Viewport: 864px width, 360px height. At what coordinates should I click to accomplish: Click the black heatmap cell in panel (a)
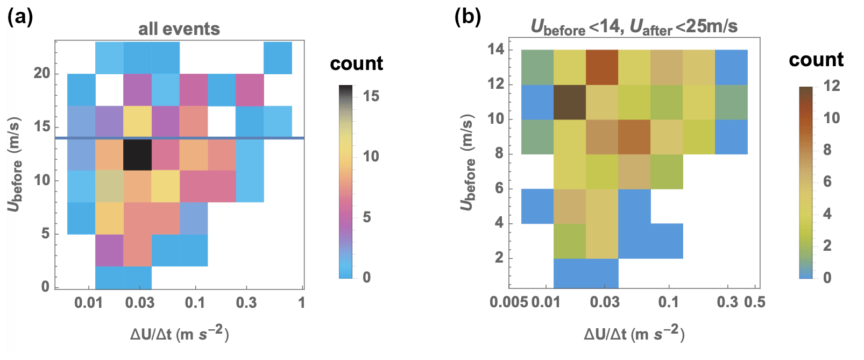(x=137, y=154)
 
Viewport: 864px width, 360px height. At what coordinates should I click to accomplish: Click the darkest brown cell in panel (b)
(x=570, y=102)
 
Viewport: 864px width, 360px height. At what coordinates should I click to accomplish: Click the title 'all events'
(x=179, y=29)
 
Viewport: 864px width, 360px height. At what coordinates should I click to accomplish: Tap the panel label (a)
(x=20, y=17)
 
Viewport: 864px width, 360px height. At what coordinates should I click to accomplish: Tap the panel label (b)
(x=468, y=17)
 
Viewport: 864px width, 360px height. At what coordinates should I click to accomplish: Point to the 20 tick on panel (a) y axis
(x=41, y=73)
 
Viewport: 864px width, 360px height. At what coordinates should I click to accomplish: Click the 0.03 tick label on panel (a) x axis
(x=139, y=302)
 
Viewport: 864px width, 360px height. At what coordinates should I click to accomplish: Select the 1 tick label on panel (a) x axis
(x=302, y=302)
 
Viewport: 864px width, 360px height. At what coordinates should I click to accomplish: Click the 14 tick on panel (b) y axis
(x=495, y=50)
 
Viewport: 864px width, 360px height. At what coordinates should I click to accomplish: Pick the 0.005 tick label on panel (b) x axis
(x=508, y=302)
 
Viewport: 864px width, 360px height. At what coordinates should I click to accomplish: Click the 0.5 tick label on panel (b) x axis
(x=754, y=302)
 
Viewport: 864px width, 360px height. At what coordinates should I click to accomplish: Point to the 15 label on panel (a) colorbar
(x=371, y=96)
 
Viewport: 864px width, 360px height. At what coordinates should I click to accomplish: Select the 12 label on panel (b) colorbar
(x=831, y=86)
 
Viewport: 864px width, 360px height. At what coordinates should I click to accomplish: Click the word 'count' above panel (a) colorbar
(x=356, y=63)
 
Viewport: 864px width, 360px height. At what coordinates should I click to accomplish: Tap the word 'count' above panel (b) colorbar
(x=816, y=60)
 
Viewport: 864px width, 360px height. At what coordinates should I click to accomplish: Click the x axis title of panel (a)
(x=179, y=334)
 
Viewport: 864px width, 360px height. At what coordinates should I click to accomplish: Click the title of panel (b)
(x=634, y=26)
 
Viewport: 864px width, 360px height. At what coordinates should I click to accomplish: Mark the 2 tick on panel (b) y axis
(x=499, y=258)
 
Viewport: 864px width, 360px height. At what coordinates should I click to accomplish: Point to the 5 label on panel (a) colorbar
(x=366, y=217)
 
